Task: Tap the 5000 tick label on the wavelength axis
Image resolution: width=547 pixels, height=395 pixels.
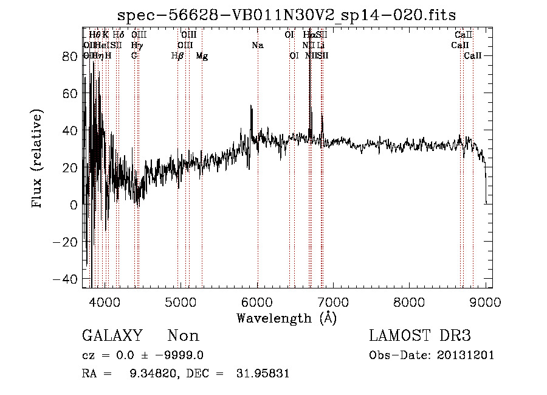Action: (181, 302)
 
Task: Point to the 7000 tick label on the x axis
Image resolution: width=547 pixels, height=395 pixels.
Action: (333, 302)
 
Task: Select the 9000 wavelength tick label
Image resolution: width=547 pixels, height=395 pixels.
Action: (485, 302)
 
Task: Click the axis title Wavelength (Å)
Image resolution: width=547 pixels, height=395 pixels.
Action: (286, 318)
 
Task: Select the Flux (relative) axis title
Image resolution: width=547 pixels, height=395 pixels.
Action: (38, 159)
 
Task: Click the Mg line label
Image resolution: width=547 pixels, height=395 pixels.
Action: (202, 56)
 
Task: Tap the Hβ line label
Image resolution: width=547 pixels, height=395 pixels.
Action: (177, 56)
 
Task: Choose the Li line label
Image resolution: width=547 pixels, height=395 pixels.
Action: (321, 46)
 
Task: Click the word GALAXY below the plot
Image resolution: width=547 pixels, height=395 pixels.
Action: (112, 336)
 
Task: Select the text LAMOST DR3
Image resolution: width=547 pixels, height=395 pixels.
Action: (420, 336)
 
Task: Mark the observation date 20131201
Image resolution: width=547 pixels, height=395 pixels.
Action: (466, 355)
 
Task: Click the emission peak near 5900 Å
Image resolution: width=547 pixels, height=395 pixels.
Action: (251, 107)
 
